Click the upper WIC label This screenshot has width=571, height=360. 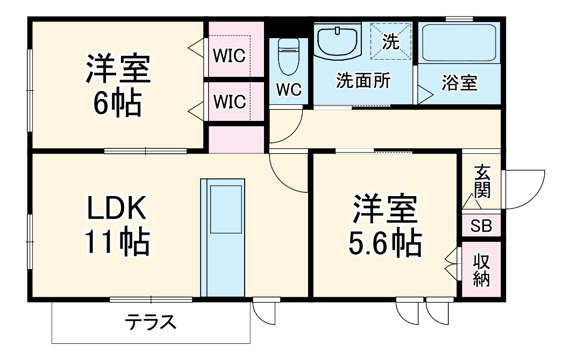[x=229, y=55]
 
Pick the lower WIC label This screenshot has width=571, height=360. [x=229, y=101]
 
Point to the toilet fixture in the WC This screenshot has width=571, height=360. [x=289, y=56]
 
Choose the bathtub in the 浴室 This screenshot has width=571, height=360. [x=459, y=42]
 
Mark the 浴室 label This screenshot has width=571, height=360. [x=459, y=83]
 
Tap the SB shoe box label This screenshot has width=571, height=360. [x=481, y=226]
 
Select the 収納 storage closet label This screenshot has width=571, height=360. [x=481, y=269]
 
